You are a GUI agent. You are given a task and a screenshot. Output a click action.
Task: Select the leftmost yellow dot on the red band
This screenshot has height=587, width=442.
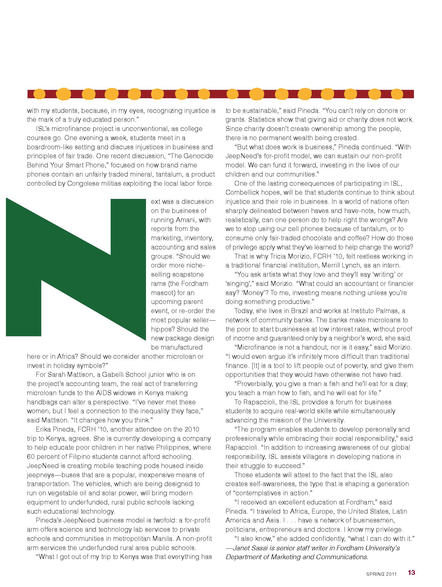tap(40, 94)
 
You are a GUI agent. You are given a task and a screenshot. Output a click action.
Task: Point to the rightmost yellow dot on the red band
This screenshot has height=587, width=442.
tap(397, 94)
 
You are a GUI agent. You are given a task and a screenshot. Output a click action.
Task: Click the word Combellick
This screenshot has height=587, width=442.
tap(242, 192)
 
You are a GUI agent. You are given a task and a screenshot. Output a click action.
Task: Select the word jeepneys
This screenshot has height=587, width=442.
tap(40, 475)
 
